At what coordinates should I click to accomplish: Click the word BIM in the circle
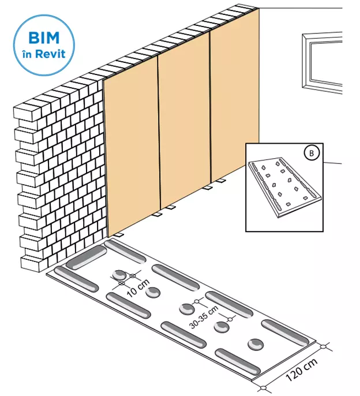(x=44, y=38)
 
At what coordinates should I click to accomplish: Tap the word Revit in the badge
(x=50, y=54)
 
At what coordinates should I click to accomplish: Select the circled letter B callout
(x=312, y=153)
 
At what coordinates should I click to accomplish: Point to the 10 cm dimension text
(x=138, y=288)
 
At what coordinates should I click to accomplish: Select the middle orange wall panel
(x=185, y=119)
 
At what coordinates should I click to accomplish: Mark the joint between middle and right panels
(x=211, y=107)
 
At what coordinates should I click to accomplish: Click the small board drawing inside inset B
(x=284, y=188)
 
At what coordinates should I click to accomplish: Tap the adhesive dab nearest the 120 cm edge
(x=256, y=345)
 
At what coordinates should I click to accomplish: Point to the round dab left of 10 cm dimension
(x=119, y=275)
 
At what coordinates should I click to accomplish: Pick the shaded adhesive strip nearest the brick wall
(x=86, y=257)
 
